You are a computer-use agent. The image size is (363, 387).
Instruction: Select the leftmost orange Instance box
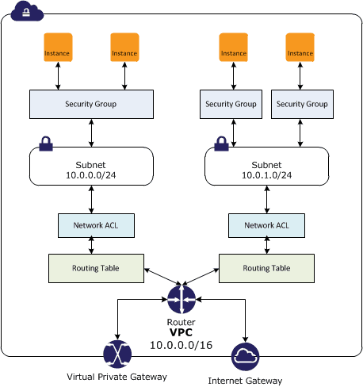pos(58,48)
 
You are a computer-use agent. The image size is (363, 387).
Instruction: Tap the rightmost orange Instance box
pos(300,48)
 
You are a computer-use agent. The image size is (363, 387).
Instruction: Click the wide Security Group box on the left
pos(90,104)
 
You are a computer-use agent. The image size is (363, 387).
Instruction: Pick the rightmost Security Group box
pos(300,104)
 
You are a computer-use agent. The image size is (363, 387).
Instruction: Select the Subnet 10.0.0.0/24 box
pos(90,169)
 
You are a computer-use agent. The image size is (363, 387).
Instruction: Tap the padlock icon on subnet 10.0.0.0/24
pos(46,144)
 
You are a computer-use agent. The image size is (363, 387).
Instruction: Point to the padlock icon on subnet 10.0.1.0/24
pos(221,144)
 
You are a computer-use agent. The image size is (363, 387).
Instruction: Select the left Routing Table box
pos(96,267)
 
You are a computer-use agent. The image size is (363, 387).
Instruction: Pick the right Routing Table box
pos(266,267)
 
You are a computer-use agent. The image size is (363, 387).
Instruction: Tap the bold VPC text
pos(181,334)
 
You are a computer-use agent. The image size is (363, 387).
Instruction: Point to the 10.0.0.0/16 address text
pos(181,346)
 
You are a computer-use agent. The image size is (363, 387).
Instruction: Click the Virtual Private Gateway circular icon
pos(117,354)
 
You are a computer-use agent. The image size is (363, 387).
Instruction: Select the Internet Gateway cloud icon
pos(245,357)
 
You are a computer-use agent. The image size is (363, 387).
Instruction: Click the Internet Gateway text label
pos(245,381)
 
